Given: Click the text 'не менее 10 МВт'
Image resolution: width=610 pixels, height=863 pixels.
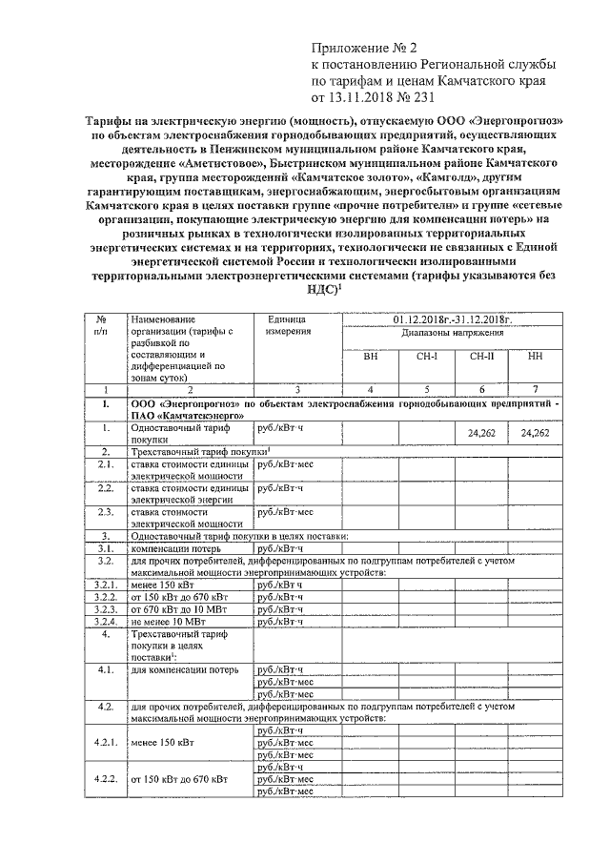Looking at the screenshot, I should coord(169,622).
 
